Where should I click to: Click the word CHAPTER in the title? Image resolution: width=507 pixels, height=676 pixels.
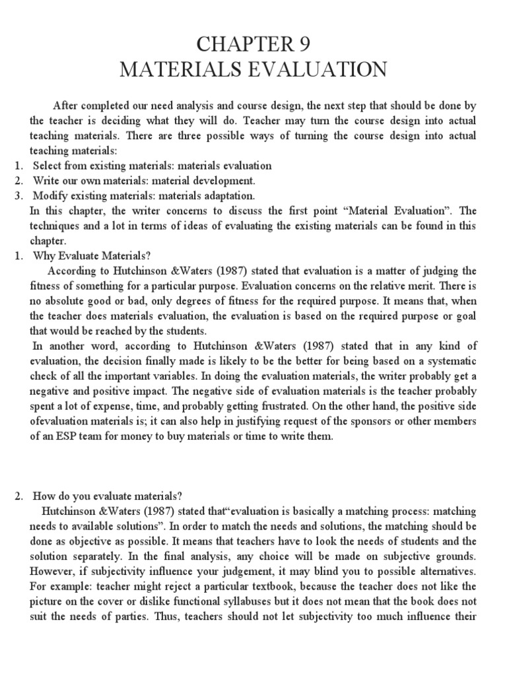tap(236, 44)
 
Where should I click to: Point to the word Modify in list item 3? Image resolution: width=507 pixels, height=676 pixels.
tap(49, 196)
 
